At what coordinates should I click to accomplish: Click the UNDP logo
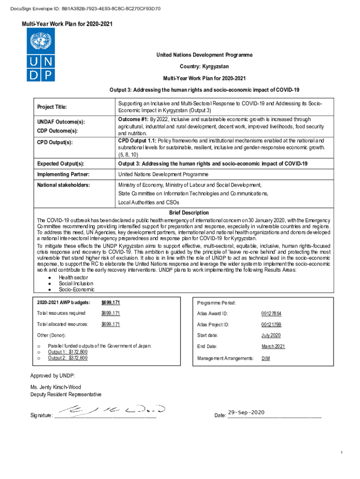click(x=41, y=55)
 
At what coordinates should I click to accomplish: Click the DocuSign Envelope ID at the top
click(x=87, y=8)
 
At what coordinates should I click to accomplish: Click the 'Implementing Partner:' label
click(x=63, y=174)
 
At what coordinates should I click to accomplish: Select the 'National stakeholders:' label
click(x=63, y=185)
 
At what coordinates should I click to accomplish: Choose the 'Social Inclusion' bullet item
click(x=76, y=283)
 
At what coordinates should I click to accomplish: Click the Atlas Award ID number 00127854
click(x=271, y=313)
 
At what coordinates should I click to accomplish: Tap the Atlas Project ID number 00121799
click(x=271, y=325)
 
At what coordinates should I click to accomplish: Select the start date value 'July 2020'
click(x=271, y=335)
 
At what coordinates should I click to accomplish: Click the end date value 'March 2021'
click(x=273, y=347)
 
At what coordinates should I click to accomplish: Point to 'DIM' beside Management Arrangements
click(x=266, y=358)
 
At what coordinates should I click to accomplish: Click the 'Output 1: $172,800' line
click(x=68, y=352)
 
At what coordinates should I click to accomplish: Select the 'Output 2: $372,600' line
click(x=68, y=358)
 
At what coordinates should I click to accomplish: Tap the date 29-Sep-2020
click(x=246, y=412)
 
